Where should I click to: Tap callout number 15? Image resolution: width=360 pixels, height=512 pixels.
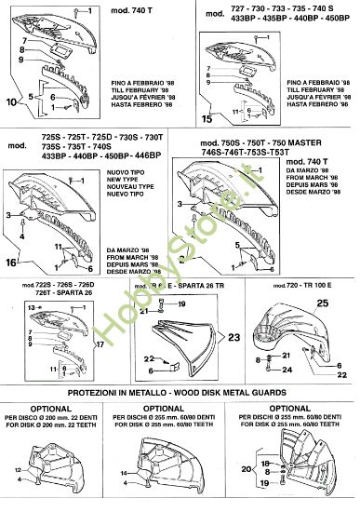[x=207, y=118]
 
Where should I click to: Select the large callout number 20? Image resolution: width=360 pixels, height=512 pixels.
[x=246, y=470]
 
